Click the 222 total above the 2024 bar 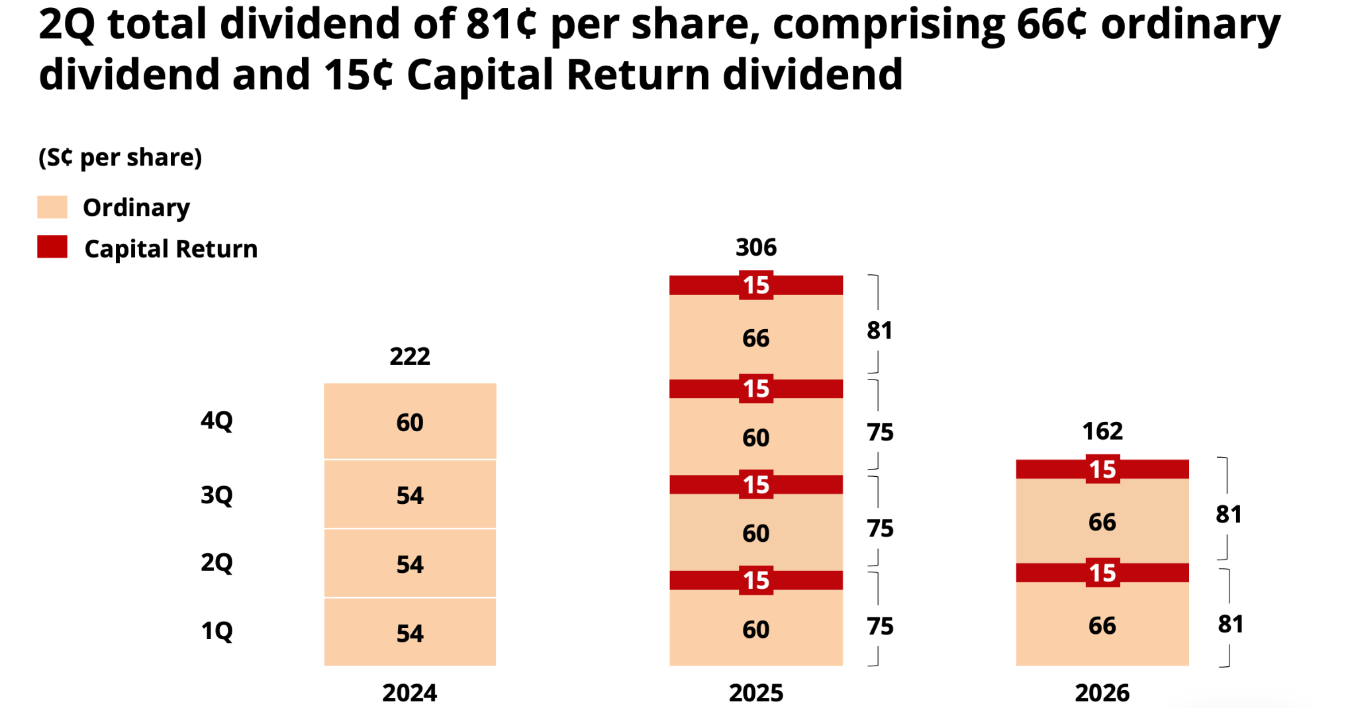coord(410,356)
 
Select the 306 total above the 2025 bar coord(756,247)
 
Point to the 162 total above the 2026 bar coord(1102,431)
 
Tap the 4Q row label coord(217,421)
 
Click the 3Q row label coord(217,495)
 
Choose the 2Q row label coord(217,563)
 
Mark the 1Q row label coord(217,631)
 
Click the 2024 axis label coord(410,693)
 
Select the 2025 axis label coord(756,693)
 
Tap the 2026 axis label coord(1102,693)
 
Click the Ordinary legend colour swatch coord(52,207)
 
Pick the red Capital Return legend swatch coord(52,246)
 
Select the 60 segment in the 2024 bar coord(410,421)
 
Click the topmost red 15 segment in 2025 coord(756,285)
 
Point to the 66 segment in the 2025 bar coord(756,337)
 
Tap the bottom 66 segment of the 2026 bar coord(1102,624)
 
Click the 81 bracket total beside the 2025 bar coord(880,330)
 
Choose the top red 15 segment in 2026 coord(1102,470)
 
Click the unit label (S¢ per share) coord(121,158)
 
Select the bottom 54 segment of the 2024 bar coord(410,632)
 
